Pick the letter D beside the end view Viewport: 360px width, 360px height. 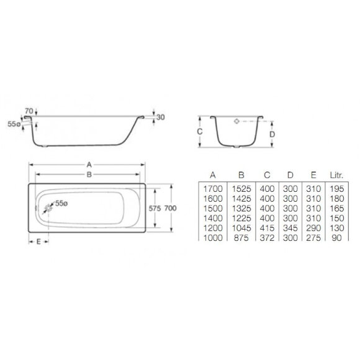tap(272, 132)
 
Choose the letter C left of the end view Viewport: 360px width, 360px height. tap(199, 132)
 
